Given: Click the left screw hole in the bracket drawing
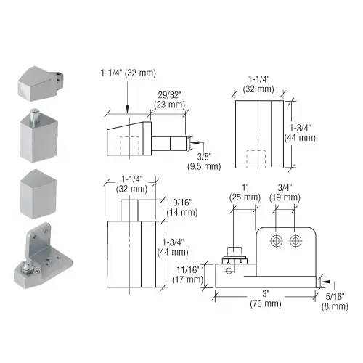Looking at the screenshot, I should [277, 241].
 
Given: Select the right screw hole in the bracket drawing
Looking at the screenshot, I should [295, 241].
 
